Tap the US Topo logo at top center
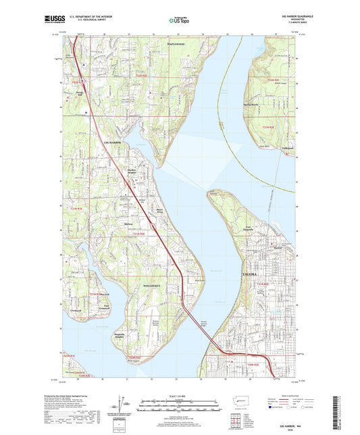[x=177, y=20]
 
